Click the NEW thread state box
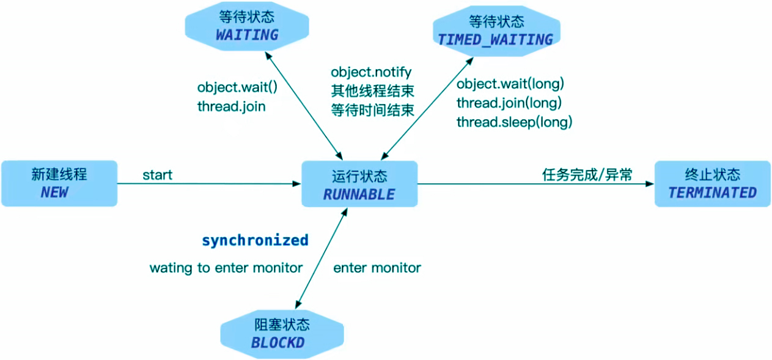coord(59,183)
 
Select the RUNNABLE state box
coord(359,184)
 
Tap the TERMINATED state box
coord(712,184)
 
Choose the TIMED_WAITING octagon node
coord(495,31)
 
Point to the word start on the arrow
coord(157,175)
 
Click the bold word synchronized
coord(255,240)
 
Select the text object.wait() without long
coord(237,87)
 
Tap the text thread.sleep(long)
coord(514,122)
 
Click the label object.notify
coord(371,73)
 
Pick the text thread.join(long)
coord(509,103)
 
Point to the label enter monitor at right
coord(377,268)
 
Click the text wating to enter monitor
coord(226,268)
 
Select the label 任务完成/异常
coord(587,175)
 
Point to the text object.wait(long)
coord(510,84)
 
